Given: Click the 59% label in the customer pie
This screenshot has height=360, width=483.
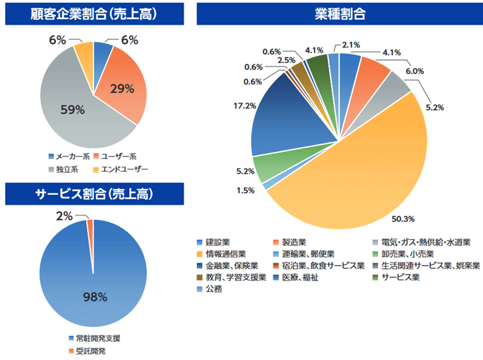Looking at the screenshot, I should point(72,109).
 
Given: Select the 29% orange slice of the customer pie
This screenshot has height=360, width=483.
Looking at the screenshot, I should point(122,89).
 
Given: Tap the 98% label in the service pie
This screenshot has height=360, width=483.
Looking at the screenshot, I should point(93,297).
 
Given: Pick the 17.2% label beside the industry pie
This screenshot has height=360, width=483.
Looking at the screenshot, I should point(244,104).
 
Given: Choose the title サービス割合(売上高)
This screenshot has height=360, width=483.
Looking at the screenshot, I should point(94,195).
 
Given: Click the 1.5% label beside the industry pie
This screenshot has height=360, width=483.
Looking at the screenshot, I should point(245,190).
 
